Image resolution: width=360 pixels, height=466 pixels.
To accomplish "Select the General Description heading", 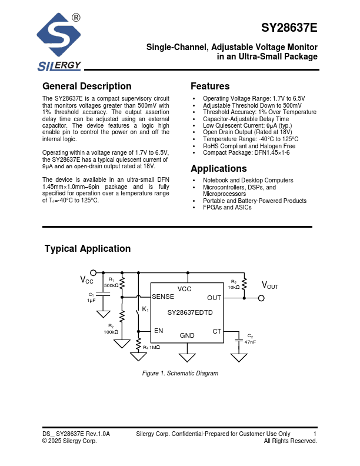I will pos(87,86).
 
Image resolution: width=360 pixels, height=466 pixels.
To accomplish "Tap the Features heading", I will pos(210,86).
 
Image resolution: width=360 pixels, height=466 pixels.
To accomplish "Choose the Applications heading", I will pos(218,169).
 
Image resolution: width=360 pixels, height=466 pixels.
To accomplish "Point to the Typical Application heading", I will pos(88,249).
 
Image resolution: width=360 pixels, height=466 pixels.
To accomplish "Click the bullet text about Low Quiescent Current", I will pos(247,126).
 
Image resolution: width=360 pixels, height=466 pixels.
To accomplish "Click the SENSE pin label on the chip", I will pos(163,297).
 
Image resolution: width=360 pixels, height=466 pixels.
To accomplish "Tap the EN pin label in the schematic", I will pos(158,331).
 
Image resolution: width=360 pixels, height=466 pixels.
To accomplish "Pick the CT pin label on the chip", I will pos(217,331).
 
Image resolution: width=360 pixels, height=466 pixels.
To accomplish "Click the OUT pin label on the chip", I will pos(214,298).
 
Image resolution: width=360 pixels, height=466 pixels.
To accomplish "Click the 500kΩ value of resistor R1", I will pos(111,285).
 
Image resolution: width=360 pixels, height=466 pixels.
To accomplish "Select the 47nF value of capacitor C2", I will pos(250,341).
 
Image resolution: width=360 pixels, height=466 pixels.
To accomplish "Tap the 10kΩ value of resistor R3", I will pos(234,287).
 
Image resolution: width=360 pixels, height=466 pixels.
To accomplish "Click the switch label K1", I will pos(146,309).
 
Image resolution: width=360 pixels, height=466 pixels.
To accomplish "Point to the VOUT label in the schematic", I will pos(270,286).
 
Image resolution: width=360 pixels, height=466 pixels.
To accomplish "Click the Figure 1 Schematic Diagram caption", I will pos(180,374).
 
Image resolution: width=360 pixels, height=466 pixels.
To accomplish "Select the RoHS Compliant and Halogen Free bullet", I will pos(249,146).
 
